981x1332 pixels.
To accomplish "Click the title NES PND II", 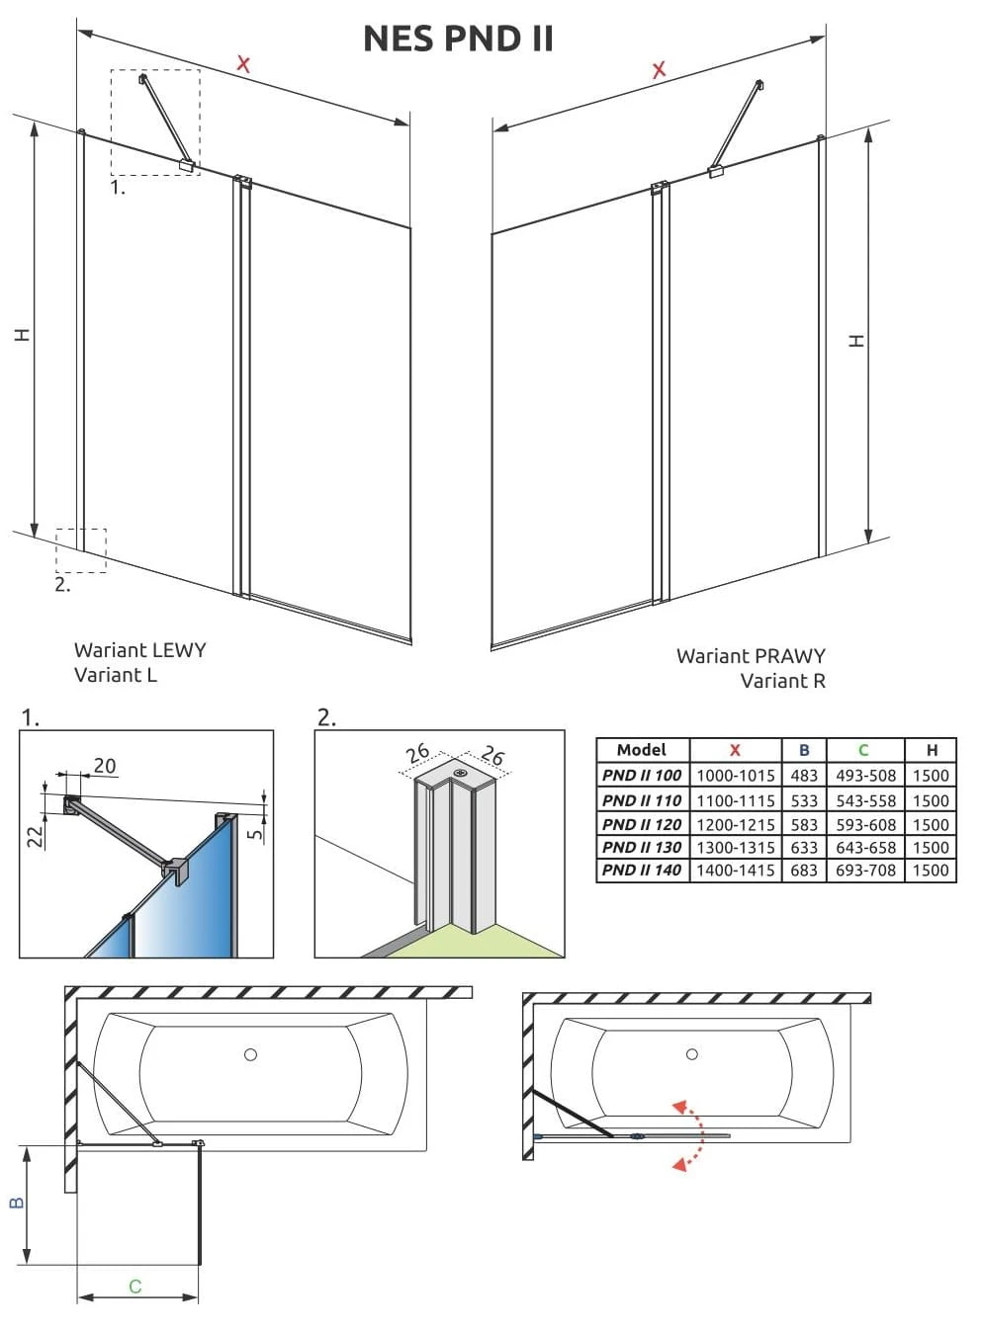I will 458,39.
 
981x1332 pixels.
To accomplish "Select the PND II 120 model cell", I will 642,824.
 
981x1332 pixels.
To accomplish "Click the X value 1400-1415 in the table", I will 735,871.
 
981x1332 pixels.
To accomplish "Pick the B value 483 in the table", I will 804,776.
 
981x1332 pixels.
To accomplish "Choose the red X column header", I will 735,750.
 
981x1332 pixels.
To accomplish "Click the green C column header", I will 863,750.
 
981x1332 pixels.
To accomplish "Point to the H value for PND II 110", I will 931,800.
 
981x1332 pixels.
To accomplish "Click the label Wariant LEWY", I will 139,650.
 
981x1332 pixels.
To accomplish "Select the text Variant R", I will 782,681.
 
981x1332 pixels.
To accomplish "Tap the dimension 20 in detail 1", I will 104,766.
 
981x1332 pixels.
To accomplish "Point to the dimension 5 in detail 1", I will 256,833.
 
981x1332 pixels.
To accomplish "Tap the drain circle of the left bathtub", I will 250,1054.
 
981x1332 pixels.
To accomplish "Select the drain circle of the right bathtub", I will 691,1054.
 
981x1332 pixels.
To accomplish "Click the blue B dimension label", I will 16,1203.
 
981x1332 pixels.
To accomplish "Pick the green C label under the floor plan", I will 135,1287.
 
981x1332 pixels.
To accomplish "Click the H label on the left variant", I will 22,334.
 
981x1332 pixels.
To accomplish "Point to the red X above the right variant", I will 659,69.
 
